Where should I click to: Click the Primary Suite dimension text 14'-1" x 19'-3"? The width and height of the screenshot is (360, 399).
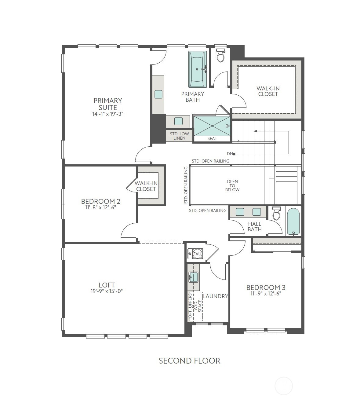point(108,114)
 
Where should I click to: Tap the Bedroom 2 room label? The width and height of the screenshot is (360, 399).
point(100,201)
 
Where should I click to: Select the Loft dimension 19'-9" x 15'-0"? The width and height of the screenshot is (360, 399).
point(107,291)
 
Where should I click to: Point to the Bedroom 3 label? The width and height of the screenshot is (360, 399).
point(266,287)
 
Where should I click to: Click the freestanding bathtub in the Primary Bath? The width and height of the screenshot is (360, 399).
point(197,69)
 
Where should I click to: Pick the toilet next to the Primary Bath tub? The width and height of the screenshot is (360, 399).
point(220,55)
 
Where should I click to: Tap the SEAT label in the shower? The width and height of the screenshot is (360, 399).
point(212,138)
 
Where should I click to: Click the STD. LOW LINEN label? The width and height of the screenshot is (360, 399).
point(179,136)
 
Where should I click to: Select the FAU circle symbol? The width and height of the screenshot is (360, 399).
point(197,254)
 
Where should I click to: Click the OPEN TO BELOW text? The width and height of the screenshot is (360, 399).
point(232,185)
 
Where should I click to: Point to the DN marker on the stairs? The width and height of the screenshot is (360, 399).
point(231,154)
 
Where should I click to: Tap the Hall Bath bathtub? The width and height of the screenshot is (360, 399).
point(293,221)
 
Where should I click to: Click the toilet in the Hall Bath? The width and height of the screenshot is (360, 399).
point(276,214)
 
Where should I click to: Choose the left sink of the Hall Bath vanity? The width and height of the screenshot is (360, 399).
point(240,212)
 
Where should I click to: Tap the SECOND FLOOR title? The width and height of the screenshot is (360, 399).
point(189,361)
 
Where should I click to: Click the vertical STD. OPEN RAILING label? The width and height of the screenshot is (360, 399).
point(186,185)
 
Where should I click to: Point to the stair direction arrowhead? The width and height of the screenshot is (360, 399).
point(255,131)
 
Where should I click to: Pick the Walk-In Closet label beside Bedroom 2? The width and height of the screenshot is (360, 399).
point(146,186)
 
